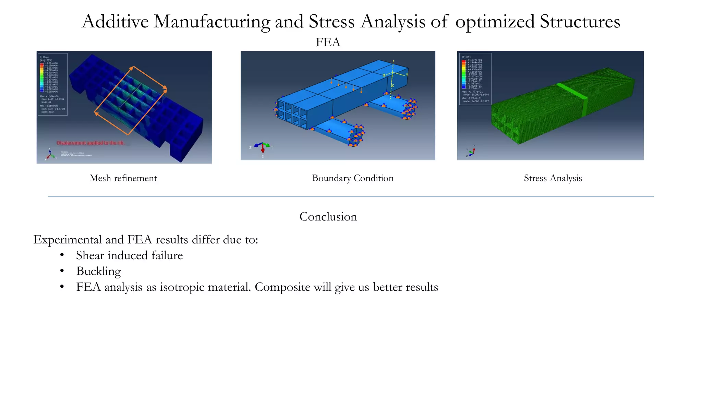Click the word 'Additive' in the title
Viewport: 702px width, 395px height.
[115, 22]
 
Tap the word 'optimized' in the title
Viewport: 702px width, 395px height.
[495, 22]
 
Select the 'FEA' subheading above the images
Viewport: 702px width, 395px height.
[328, 42]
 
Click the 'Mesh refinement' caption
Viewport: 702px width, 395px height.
[123, 178]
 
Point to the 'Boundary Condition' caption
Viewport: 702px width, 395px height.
[353, 178]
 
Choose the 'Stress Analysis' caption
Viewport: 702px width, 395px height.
[553, 178]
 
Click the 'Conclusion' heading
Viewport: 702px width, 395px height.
[328, 216]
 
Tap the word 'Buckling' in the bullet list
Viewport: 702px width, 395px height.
[98, 271]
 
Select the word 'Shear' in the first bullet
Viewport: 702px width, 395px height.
[90, 255]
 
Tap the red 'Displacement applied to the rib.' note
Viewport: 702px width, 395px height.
[91, 143]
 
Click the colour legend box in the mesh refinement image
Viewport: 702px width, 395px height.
[52, 84]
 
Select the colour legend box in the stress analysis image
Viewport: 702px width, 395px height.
[475, 79]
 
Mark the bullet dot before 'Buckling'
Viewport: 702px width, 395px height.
[62, 271]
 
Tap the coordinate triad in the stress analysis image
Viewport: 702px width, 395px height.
[471, 151]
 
